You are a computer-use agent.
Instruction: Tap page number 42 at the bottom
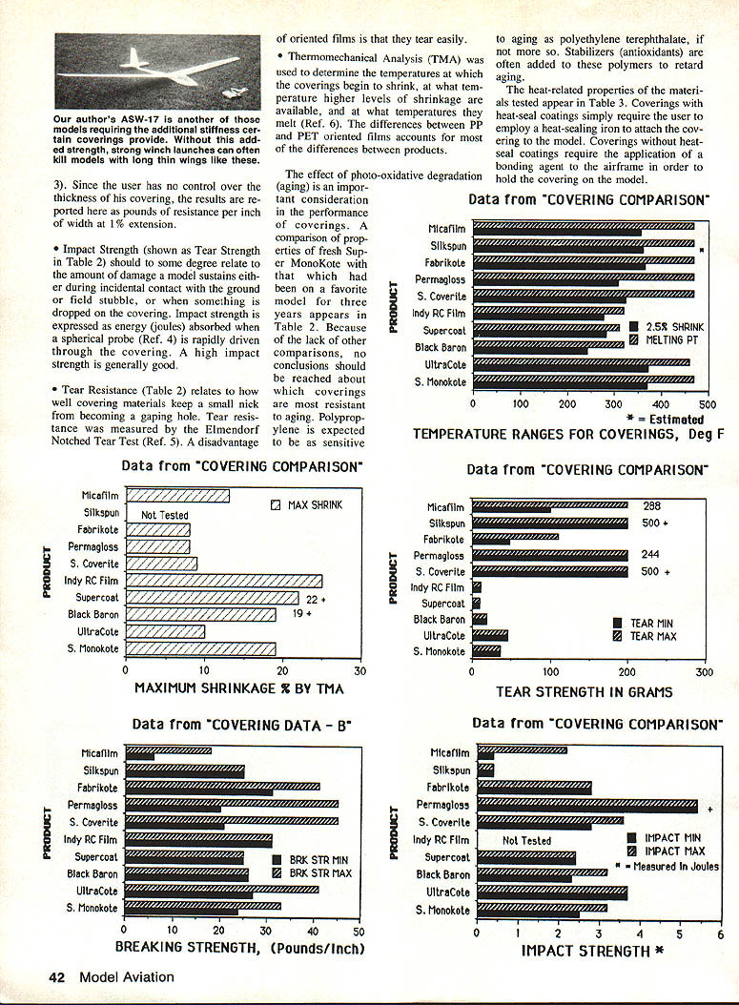59,975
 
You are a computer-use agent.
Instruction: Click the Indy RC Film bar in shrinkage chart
224,581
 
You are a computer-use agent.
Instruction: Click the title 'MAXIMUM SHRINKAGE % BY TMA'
238,687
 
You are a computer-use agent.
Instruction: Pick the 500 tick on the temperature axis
706,404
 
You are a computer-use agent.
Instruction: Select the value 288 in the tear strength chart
652,506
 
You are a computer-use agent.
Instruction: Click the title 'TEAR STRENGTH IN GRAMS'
584,691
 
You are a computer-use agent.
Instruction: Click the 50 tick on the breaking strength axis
359,932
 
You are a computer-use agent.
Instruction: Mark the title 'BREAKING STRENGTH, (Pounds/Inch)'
240,948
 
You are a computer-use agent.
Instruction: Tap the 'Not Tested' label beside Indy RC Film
526,841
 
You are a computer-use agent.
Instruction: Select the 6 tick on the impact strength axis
720,933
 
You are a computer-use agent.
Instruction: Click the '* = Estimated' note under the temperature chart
665,419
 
